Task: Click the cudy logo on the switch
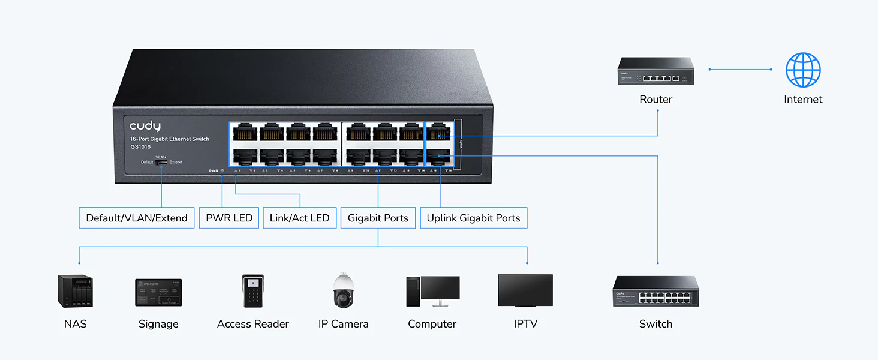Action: pyautogui.click(x=145, y=125)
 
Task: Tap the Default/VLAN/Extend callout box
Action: pyautogui.click(x=137, y=218)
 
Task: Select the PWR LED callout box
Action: pyautogui.click(x=229, y=218)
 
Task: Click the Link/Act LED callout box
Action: pyautogui.click(x=299, y=218)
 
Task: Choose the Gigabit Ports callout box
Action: pyautogui.click(x=378, y=218)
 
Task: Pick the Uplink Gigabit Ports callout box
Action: pyautogui.click(x=473, y=218)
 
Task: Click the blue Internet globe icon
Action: pyautogui.click(x=803, y=70)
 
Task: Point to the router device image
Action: pyautogui.click(x=656, y=71)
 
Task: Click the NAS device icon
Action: pyautogui.click(x=75, y=291)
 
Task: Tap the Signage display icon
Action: pyautogui.click(x=158, y=293)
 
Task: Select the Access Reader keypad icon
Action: pyautogui.click(x=253, y=292)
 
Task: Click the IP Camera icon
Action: pyautogui.click(x=344, y=291)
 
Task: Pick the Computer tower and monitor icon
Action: pyautogui.click(x=432, y=292)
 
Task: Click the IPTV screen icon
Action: pyautogui.click(x=525, y=291)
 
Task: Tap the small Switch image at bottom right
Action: pyautogui.click(x=656, y=292)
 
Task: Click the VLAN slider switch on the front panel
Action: pyautogui.click(x=161, y=162)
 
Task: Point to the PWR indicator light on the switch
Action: pyautogui.click(x=222, y=171)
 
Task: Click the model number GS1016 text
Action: pyautogui.click(x=140, y=147)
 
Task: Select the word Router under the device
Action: pyautogui.click(x=656, y=100)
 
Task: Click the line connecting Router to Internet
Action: pyautogui.click(x=741, y=70)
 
